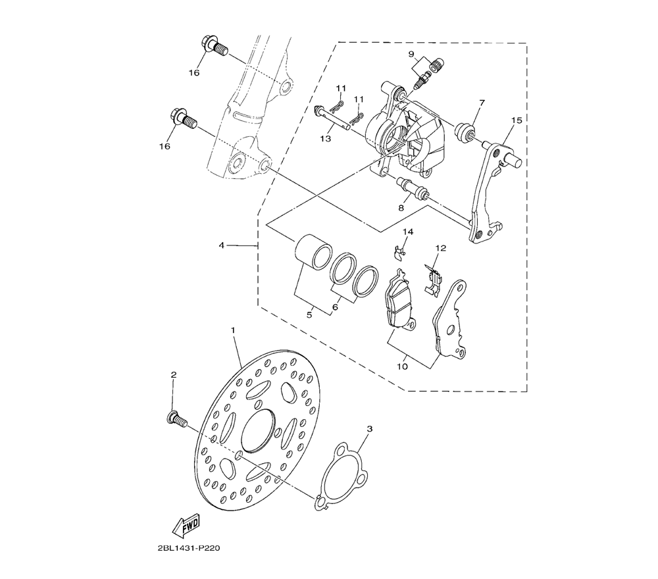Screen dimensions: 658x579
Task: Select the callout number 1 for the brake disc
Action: (x=233, y=330)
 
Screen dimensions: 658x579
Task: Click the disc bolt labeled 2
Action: (x=177, y=418)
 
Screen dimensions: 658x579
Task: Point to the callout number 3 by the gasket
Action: (x=369, y=429)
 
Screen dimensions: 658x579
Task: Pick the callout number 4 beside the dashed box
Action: (x=222, y=245)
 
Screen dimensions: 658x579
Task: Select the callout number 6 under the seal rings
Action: (x=334, y=307)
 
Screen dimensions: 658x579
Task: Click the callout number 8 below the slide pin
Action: (x=401, y=207)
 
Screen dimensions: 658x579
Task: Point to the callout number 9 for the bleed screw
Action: (x=411, y=54)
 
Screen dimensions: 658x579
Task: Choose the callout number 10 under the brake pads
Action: (x=403, y=366)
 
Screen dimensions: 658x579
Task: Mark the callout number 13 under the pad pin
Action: (x=326, y=138)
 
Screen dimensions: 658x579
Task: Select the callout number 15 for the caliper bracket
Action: (x=517, y=120)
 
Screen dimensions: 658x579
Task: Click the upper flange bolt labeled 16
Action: (x=215, y=46)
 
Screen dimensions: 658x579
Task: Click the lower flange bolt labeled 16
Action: (x=183, y=118)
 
